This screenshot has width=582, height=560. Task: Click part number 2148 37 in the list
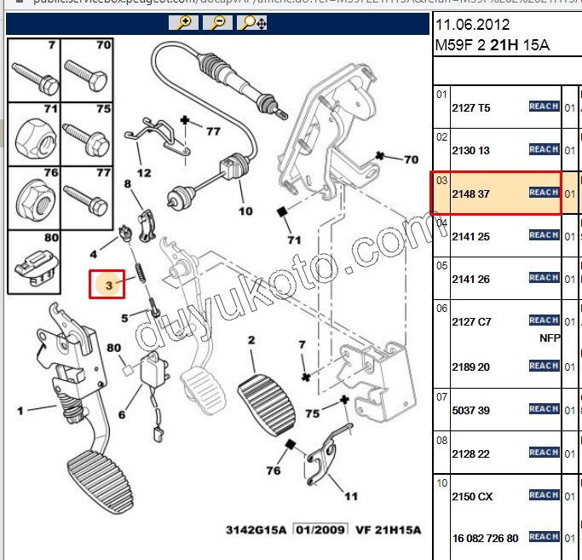470,193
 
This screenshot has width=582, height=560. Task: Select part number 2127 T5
470,108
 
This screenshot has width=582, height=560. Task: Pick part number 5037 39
470,411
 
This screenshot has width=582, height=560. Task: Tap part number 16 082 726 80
486,539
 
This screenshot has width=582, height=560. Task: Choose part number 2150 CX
472,496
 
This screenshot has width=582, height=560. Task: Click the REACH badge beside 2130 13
544,149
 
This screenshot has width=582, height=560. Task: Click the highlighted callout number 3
108,284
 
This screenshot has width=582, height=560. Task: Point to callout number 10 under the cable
245,211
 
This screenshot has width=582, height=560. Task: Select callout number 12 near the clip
144,172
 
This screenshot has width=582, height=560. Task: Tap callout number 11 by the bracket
351,495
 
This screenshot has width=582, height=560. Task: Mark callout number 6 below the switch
122,415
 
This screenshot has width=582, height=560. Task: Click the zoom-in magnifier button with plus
183,23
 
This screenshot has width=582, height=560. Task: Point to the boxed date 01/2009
321,529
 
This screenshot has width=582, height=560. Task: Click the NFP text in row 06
550,338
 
